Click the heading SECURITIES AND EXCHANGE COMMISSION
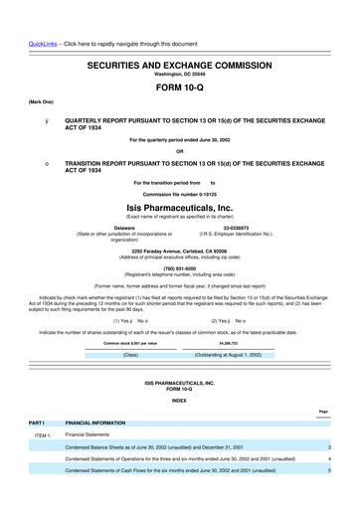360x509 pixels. pos(180,35)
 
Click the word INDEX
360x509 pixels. pos(180,401)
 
